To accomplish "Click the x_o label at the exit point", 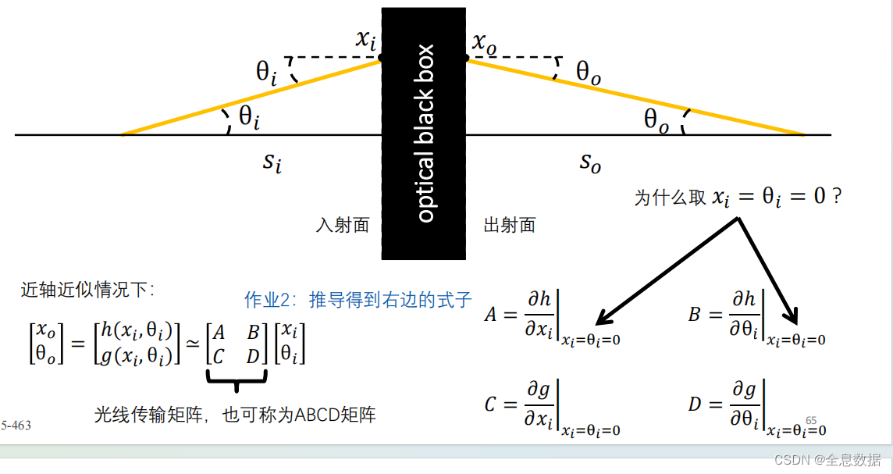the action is pos(484,43).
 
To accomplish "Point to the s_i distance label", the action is pos(271,163).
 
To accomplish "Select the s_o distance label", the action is pos(590,162).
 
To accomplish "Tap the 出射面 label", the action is pos(510,226).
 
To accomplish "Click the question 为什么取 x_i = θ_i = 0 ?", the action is pos(738,197).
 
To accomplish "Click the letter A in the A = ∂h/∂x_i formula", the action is pos(491,315).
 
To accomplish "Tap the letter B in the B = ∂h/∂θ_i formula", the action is pos(695,315).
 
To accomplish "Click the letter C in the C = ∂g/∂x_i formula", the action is pos(491,405).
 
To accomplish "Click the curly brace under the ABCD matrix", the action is pos(237,380).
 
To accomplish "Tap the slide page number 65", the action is pos(811,420).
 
